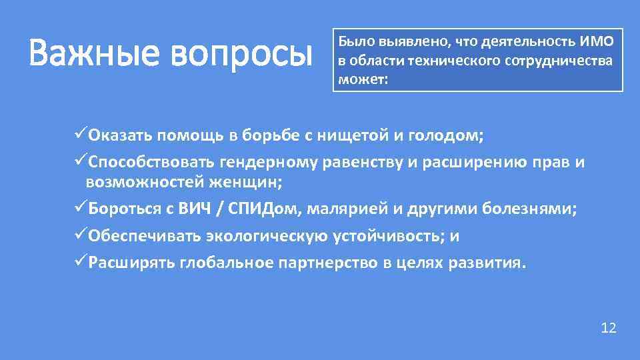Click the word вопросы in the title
coord(241,55)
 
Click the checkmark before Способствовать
coord(81,162)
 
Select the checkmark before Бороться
coord(81,209)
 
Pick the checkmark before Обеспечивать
coord(81,235)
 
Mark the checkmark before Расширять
coord(81,262)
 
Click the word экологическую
coord(267,236)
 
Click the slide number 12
coord(609,327)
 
